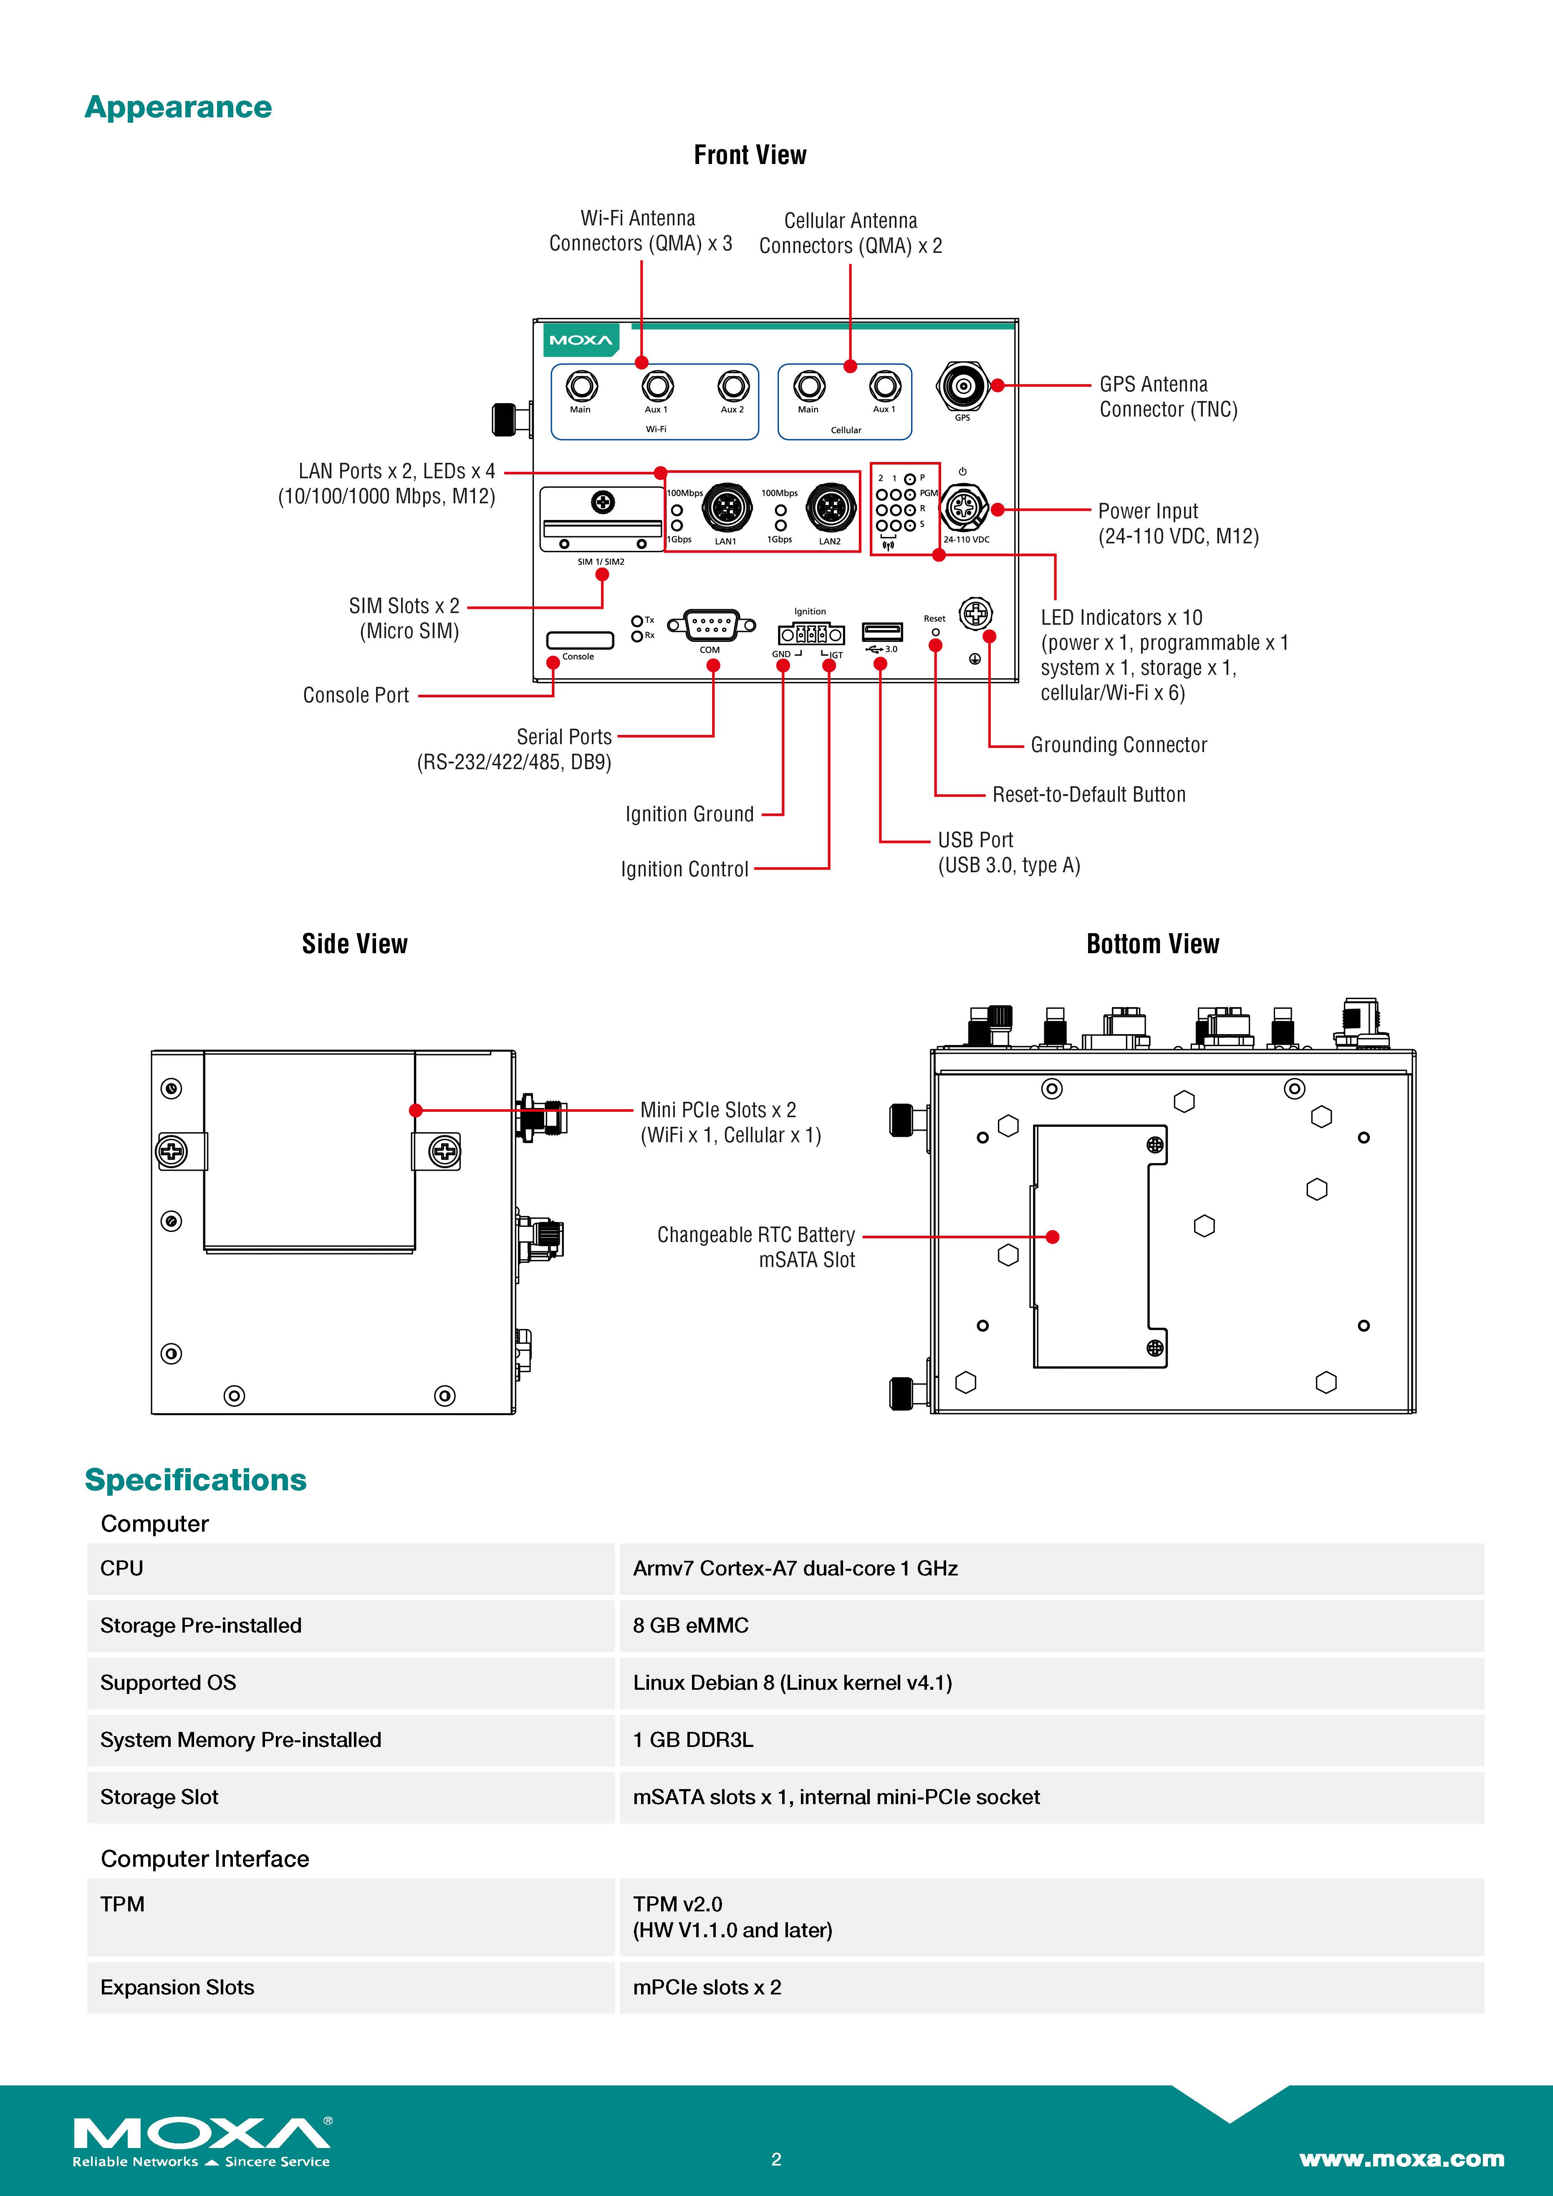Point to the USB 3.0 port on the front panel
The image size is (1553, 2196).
point(882,631)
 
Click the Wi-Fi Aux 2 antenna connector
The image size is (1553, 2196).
point(732,386)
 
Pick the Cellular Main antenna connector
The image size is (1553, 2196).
point(809,386)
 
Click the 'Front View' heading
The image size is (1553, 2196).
point(750,155)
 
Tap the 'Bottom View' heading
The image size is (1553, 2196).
point(1152,944)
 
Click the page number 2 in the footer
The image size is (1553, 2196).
point(775,2159)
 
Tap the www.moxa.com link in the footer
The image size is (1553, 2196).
point(1401,2159)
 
